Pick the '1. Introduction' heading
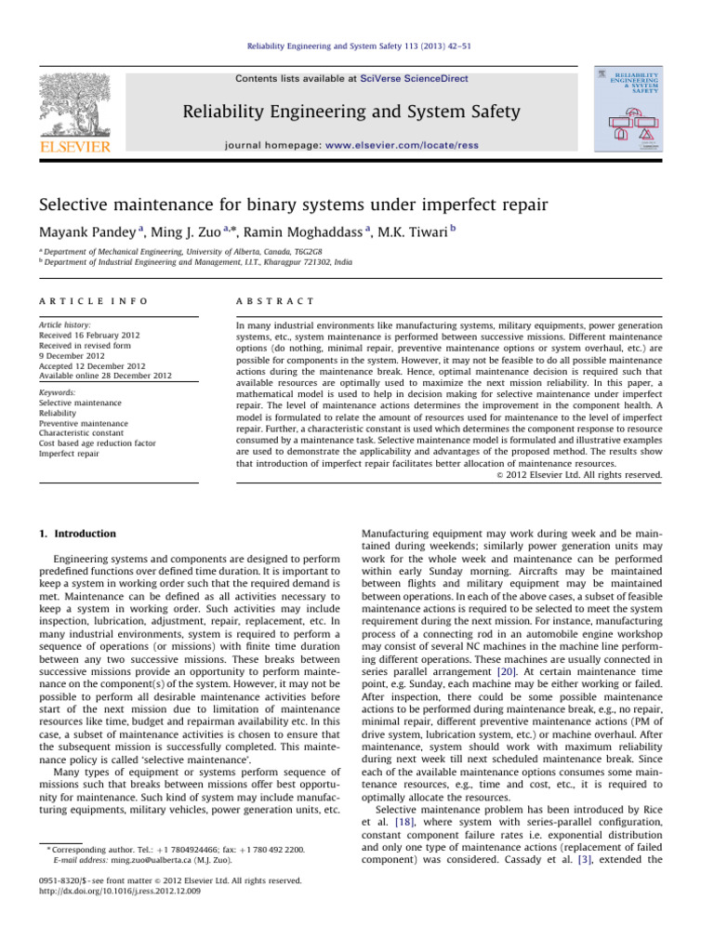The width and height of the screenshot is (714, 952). pyautogui.click(x=79, y=534)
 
